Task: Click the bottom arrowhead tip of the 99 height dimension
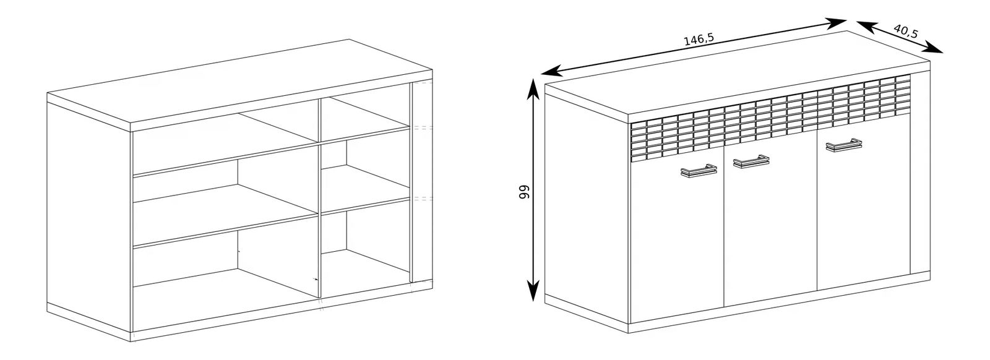(x=534, y=301)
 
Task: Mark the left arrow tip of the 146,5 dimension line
(x=541, y=74)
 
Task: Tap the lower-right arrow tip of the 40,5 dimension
(x=943, y=53)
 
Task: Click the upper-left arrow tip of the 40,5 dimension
(x=856, y=21)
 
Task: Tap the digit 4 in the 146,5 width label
(x=692, y=41)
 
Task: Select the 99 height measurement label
(x=523, y=192)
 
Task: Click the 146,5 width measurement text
(x=699, y=40)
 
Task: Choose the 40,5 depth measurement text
(x=906, y=31)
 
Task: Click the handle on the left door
(x=699, y=171)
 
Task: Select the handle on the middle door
(x=751, y=161)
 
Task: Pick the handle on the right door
(x=843, y=145)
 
